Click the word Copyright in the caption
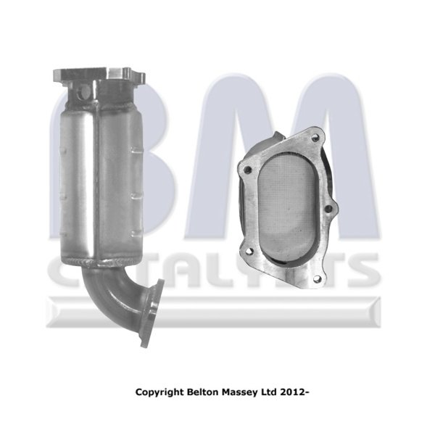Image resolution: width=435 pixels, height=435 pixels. coord(159,393)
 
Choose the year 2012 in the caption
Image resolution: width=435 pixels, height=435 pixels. coord(292,392)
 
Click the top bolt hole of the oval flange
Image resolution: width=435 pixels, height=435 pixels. coord(314,137)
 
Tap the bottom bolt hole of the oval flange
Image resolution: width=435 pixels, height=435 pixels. coord(317,280)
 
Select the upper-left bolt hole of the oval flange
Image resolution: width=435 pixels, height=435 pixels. coord(248,170)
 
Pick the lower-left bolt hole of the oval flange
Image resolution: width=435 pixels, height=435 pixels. coord(249,251)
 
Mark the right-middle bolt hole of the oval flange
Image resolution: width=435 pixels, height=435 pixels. coord(328,209)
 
